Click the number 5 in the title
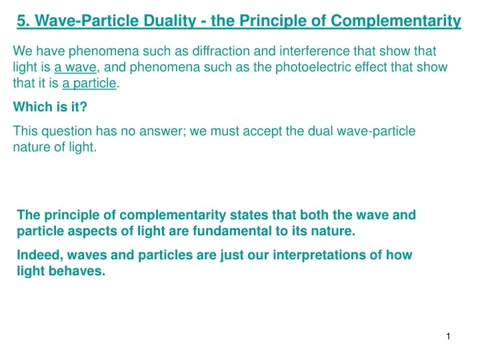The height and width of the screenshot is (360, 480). click(21, 21)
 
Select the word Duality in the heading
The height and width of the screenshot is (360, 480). click(170, 21)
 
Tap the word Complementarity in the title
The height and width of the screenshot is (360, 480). click(396, 21)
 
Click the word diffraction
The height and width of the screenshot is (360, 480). click(221, 51)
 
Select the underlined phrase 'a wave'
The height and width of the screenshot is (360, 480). click(75, 67)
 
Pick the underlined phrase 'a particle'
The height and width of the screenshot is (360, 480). click(89, 83)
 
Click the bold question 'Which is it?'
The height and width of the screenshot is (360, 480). click(50, 107)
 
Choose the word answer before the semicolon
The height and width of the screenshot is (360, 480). click(161, 131)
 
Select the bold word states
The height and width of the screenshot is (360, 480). click(249, 215)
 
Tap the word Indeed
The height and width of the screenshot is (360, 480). click(40, 255)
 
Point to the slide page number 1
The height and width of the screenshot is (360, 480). click(448, 337)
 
